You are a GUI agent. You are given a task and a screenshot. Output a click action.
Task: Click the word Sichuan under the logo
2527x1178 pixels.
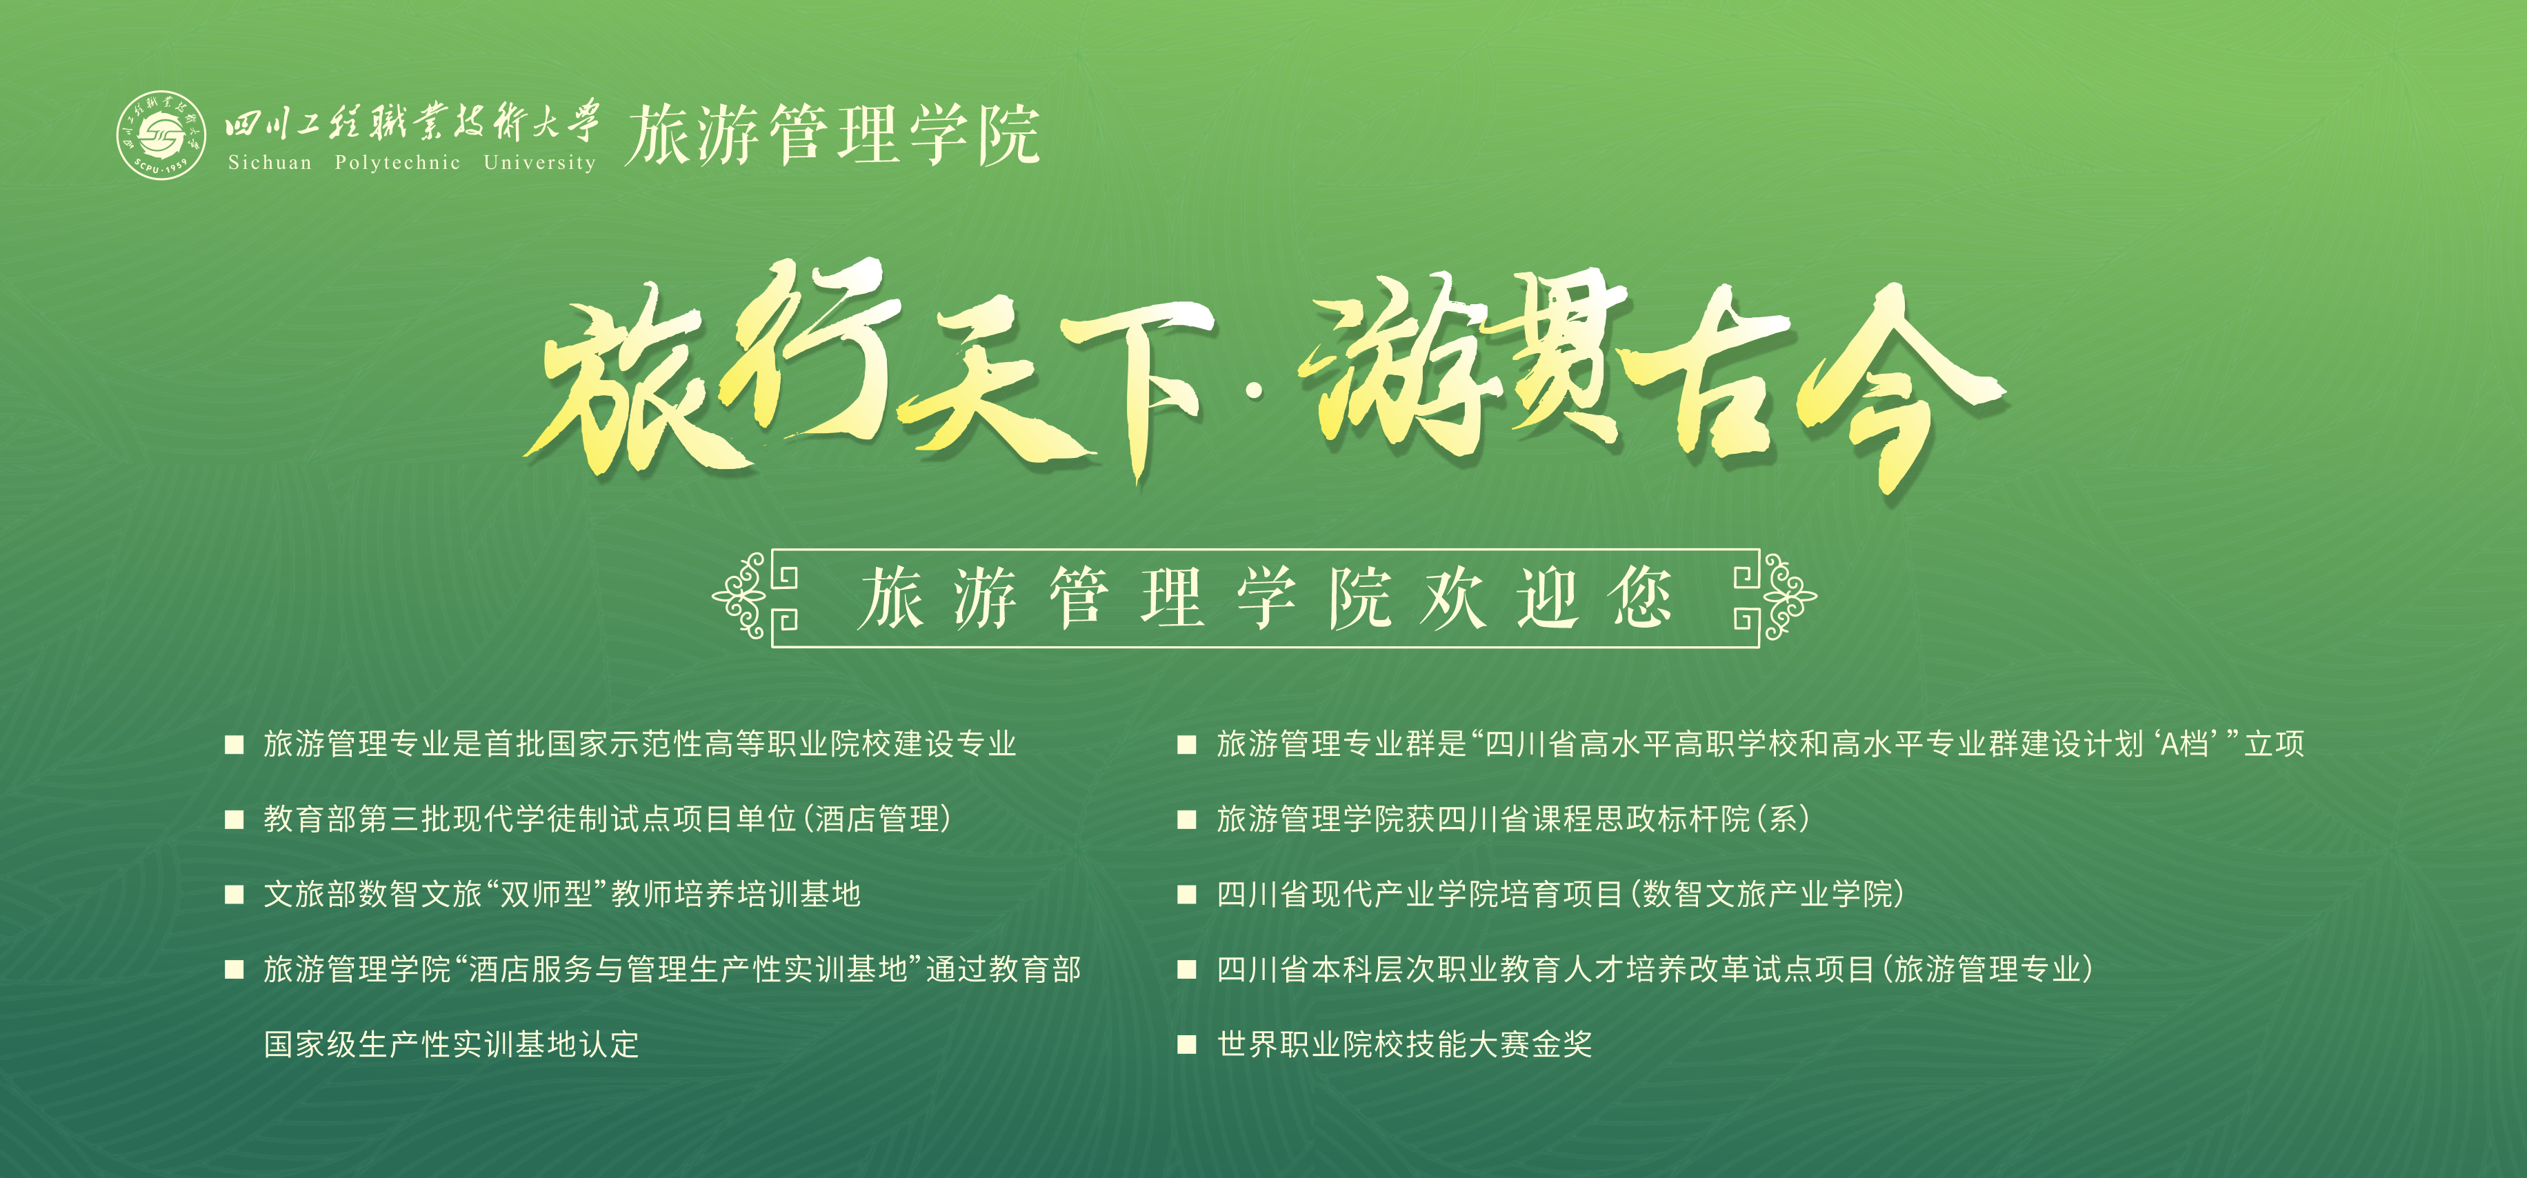click(270, 163)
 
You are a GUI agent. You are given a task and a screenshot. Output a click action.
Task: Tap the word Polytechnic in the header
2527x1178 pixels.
click(397, 163)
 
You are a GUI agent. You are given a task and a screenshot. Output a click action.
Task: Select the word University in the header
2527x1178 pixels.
click(539, 163)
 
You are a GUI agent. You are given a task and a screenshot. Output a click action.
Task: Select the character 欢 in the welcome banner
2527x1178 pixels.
click(1454, 597)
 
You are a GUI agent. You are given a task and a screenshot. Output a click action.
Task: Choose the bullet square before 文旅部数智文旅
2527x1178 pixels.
click(234, 895)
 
